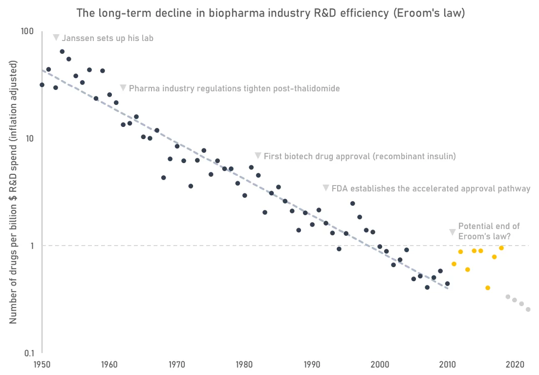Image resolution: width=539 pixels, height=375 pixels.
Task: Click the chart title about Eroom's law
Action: (271, 13)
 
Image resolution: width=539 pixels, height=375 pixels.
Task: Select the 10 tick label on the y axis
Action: (28, 138)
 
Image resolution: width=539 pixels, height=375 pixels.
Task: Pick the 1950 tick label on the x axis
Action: (42, 364)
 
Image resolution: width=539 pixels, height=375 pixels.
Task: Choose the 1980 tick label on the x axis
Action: (245, 364)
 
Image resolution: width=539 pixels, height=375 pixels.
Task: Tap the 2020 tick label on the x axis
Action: (515, 364)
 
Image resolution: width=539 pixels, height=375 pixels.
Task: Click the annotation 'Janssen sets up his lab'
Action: (108, 38)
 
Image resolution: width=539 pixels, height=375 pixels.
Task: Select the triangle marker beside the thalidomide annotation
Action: (123, 88)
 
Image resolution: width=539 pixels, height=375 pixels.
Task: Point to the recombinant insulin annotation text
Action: (360, 156)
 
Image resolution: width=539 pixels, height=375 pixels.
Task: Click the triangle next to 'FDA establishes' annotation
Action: (326, 188)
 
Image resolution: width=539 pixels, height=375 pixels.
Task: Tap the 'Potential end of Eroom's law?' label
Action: (489, 231)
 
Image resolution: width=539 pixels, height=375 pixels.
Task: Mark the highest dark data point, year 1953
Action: (62, 51)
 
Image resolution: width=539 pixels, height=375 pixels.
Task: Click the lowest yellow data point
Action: (488, 288)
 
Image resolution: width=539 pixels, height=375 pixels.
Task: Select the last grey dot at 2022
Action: (528, 310)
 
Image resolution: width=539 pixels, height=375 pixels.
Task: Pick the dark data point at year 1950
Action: (42, 85)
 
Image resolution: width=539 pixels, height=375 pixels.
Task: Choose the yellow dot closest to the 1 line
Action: (501, 248)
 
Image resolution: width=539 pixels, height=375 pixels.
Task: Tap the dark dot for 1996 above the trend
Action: (352, 204)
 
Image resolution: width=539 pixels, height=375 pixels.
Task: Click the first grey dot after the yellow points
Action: (508, 297)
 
